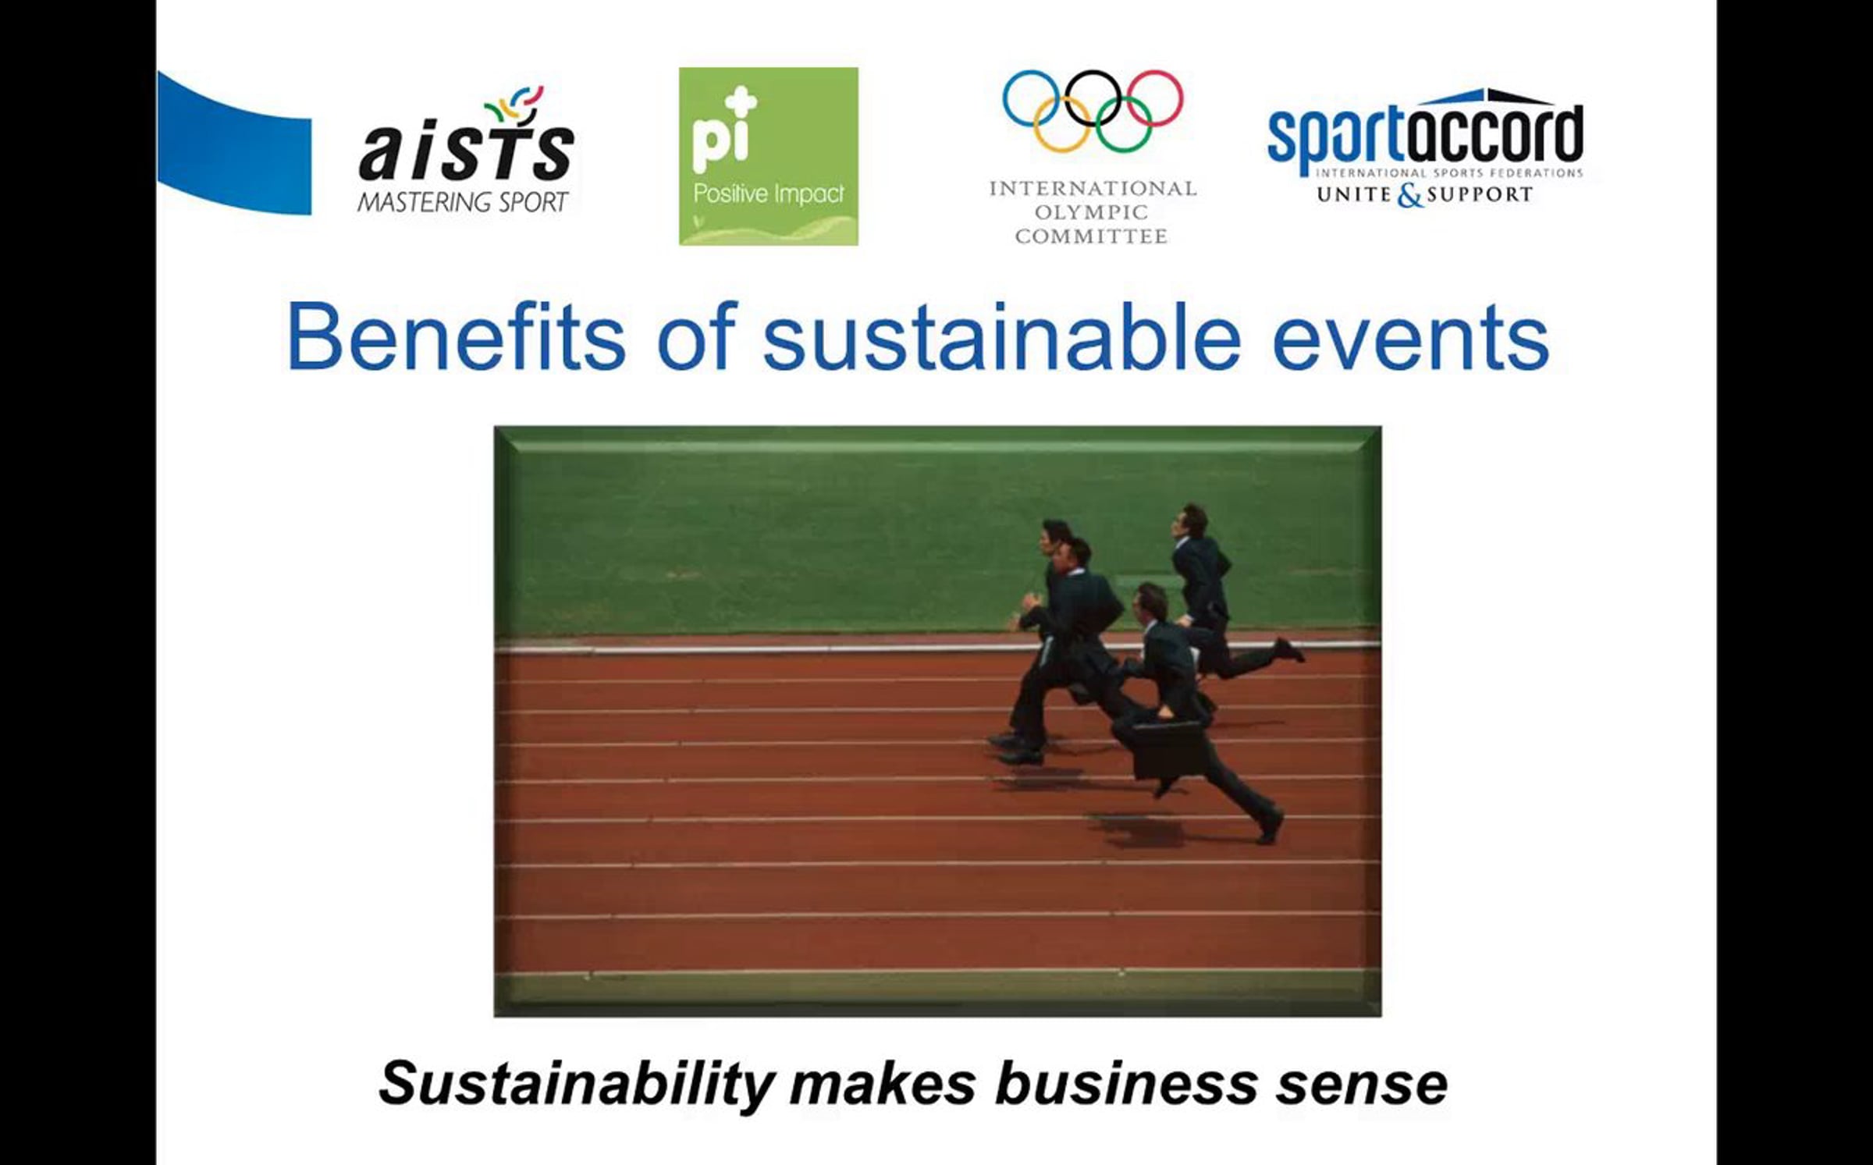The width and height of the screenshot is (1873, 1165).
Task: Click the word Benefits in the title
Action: tap(457, 337)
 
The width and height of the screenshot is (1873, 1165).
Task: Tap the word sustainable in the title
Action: tap(1001, 337)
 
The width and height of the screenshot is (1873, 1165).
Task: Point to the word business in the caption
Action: tap(1126, 1082)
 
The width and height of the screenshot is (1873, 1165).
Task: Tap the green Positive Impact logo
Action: tap(769, 156)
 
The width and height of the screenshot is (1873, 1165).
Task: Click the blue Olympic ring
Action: tap(1030, 98)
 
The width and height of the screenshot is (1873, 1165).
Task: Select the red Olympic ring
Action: tap(1156, 98)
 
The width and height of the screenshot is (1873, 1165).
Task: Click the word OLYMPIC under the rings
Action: tap(1091, 212)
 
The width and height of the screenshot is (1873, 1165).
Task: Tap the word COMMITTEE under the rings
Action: tap(1091, 236)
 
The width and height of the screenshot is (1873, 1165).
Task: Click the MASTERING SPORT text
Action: tap(463, 202)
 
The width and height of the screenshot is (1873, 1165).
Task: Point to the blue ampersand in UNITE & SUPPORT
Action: tap(1409, 196)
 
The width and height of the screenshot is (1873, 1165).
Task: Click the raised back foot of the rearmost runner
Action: tap(1288, 649)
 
